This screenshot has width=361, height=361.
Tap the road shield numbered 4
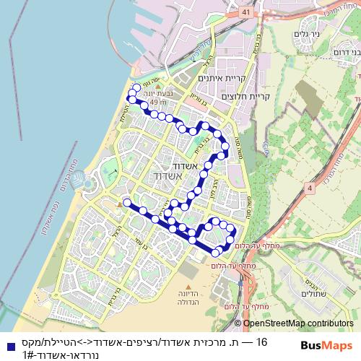coord(310,188)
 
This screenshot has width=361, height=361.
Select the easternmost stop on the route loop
coord(232,230)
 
